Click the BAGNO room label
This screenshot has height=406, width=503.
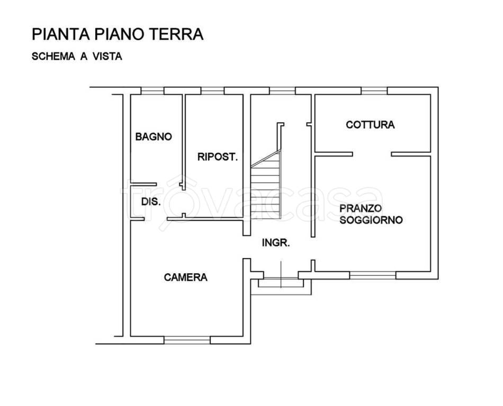[x=154, y=136]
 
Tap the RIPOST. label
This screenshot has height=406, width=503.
[x=217, y=156]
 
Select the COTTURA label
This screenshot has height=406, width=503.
[x=370, y=125]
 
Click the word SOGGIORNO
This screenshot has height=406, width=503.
[x=371, y=219]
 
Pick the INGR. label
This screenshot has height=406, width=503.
[x=276, y=243]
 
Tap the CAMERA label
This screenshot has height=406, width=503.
[x=185, y=277]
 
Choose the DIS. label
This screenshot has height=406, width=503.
[x=150, y=201]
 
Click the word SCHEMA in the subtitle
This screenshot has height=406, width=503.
[x=53, y=57]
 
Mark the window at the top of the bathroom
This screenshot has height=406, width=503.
[x=152, y=90]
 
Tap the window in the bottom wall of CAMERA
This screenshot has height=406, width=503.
[x=187, y=339]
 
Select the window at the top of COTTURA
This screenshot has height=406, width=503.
[x=374, y=90]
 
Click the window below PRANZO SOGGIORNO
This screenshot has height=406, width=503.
[x=373, y=275]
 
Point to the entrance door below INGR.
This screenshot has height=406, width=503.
[x=281, y=275]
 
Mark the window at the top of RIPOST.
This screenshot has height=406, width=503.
[x=212, y=90]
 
